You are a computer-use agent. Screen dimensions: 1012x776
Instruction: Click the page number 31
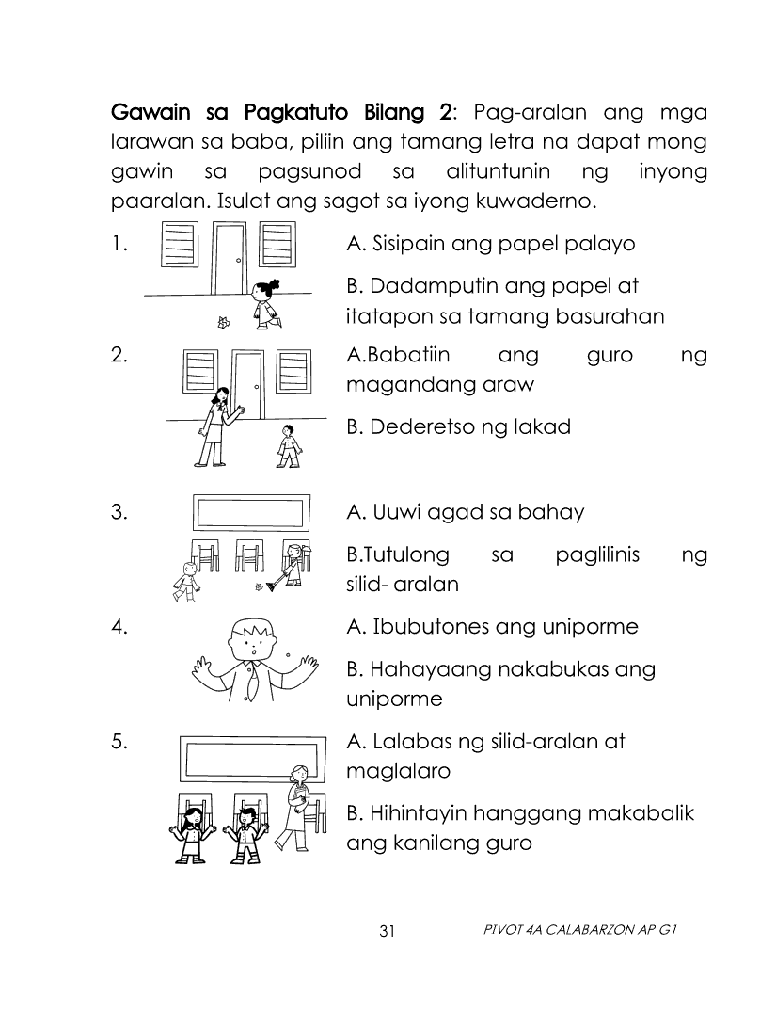[387, 931]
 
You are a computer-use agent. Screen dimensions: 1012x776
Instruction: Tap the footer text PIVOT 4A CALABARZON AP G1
[579, 930]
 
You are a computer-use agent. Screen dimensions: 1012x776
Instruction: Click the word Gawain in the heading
[151, 114]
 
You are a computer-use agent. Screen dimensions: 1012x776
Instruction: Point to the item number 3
[119, 512]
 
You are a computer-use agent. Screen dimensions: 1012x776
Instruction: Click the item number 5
[119, 742]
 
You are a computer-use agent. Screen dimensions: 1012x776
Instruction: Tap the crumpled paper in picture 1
[224, 322]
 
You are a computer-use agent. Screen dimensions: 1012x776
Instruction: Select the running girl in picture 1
[266, 304]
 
